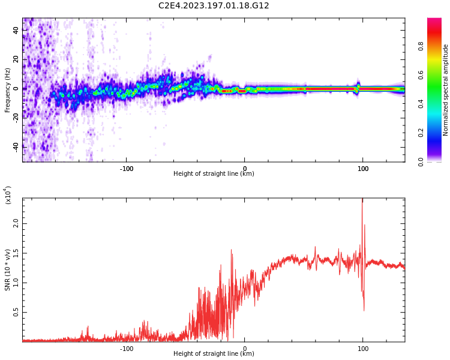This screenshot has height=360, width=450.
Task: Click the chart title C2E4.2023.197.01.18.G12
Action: click(214, 6)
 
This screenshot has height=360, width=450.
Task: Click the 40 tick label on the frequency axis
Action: click(16, 30)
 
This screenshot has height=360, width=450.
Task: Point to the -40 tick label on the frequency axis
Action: click(16, 146)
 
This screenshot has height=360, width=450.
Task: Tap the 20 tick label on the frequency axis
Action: click(16, 59)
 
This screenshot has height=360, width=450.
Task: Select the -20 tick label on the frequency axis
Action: click(16, 118)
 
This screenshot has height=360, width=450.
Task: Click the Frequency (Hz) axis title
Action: click(8, 90)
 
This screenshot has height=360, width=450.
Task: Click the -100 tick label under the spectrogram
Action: click(126, 168)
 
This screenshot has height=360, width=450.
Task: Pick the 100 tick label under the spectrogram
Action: click(362, 168)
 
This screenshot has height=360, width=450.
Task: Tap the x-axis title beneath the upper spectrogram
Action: click(214, 174)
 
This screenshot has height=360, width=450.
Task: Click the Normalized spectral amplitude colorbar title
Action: click(446, 90)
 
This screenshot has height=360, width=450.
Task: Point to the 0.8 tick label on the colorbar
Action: click(437, 46)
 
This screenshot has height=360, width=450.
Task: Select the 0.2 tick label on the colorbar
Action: click(437, 133)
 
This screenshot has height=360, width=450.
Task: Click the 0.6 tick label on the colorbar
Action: click(437, 75)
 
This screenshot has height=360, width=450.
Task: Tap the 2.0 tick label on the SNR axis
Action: click(16, 223)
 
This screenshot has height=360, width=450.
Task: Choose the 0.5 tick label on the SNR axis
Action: click(16, 313)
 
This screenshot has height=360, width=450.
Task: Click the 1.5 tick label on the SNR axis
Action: click(16, 253)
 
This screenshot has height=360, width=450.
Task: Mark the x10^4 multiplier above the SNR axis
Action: click(8, 195)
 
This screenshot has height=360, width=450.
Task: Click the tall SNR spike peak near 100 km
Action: click(362, 200)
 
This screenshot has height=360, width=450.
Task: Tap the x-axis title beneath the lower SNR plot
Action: click(214, 354)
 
